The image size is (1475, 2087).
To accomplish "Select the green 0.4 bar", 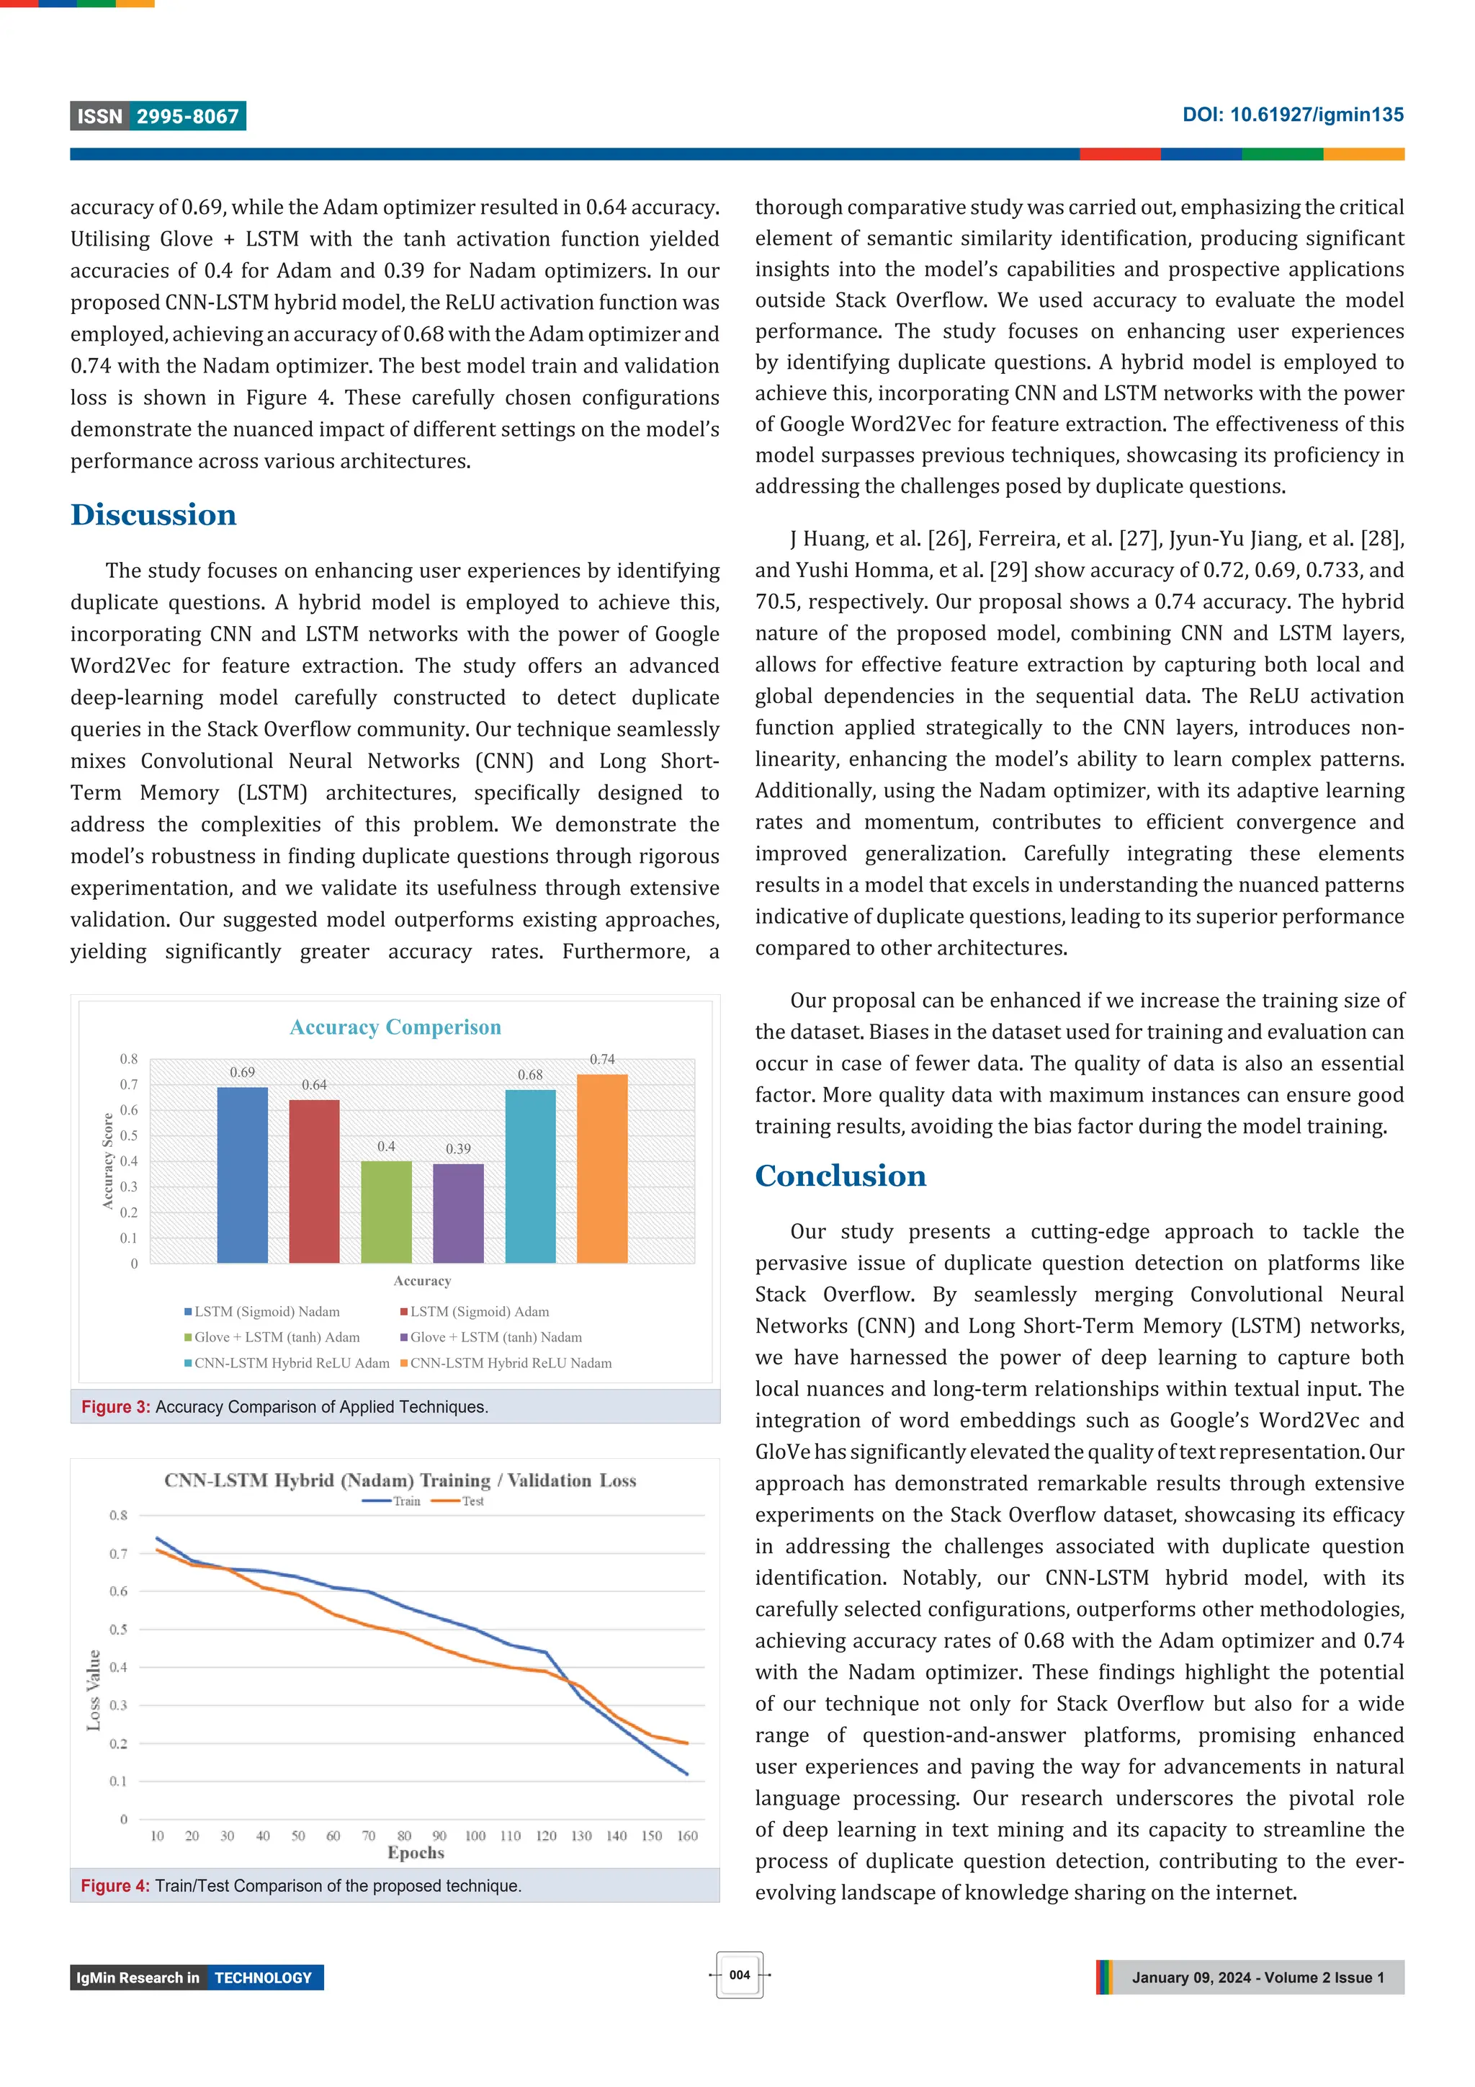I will point(386,1212).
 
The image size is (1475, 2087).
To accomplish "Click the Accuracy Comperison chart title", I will point(395,1027).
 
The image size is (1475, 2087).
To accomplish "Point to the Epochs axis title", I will point(416,1852).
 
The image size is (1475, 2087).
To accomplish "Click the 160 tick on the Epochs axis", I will point(687,1835).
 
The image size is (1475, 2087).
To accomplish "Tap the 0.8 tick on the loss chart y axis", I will point(119,1515).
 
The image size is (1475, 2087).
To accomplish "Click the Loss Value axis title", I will point(94,1690).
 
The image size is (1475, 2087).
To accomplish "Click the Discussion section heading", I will point(153,514).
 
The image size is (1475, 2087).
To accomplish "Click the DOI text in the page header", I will point(1292,115).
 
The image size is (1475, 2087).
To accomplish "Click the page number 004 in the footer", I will point(740,1975).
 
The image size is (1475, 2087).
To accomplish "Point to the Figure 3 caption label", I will point(115,1407).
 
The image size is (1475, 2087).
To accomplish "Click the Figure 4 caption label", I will point(115,1886).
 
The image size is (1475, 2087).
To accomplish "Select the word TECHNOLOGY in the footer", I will point(264,1978).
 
